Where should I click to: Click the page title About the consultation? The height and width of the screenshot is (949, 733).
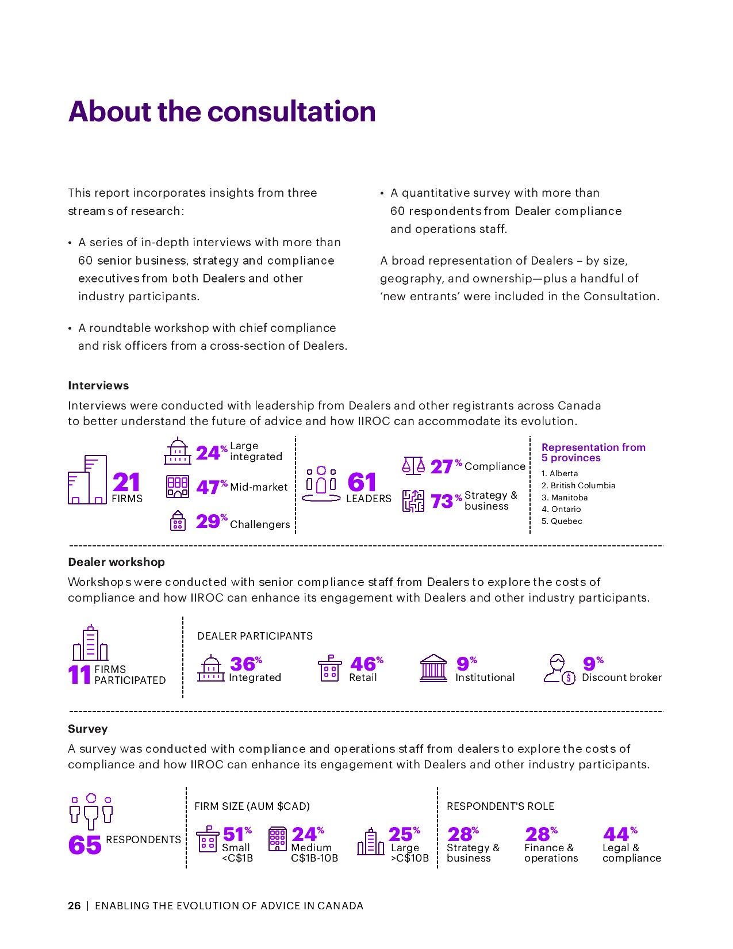222,112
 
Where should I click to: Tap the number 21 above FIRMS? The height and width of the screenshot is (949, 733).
126,483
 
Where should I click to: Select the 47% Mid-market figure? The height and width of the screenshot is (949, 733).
209,488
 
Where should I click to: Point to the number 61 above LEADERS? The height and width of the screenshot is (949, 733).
362,483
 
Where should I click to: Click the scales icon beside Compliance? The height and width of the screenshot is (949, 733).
413,466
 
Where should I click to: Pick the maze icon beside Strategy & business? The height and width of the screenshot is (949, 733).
413,501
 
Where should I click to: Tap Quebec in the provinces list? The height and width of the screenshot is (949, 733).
566,521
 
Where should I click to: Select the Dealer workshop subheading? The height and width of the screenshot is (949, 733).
116,562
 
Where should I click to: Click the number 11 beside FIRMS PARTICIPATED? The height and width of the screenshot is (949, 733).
79,675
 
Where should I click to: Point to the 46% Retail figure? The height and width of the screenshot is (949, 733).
364,665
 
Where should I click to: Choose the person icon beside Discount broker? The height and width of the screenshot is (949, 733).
558,668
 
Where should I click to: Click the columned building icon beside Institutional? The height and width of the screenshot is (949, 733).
433,668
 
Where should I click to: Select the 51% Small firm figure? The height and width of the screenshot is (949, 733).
234,835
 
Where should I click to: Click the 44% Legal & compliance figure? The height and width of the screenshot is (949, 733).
616,835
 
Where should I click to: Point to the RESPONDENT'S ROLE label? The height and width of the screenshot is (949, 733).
500,806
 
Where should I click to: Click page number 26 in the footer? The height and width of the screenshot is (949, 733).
74,906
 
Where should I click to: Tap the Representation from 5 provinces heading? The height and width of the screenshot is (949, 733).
593,453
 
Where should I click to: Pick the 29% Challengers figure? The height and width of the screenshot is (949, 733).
209,522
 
